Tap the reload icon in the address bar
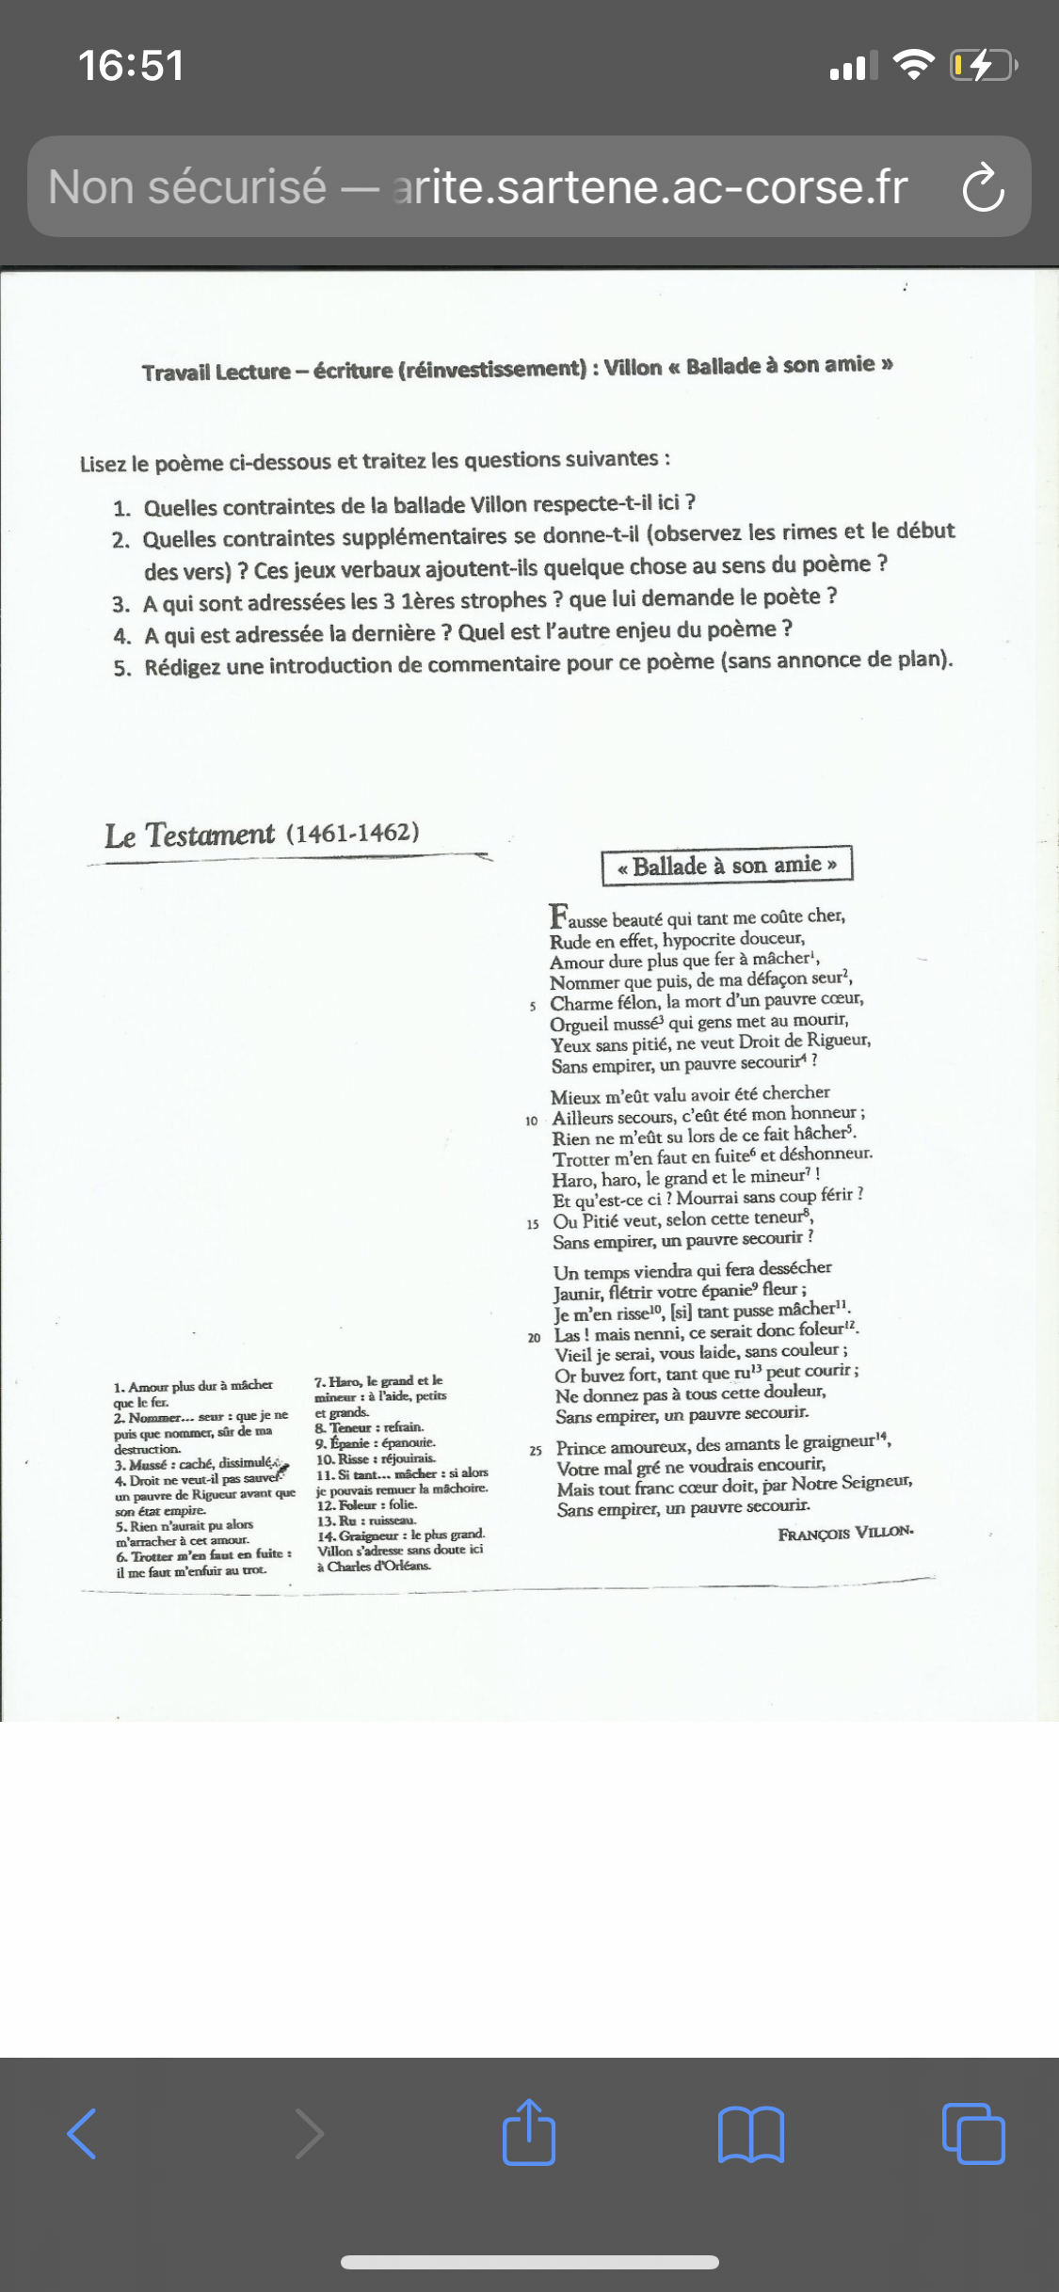[x=983, y=186]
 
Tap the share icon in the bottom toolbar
[x=529, y=2132]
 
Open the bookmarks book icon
[x=750, y=2133]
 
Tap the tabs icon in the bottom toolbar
[x=973, y=2133]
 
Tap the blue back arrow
[x=83, y=2133]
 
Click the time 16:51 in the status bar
[x=131, y=66]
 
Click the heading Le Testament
[x=189, y=835]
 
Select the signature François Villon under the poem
[x=845, y=1533]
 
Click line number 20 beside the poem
[x=534, y=1338]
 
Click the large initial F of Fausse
[x=559, y=915]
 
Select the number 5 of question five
[x=121, y=669]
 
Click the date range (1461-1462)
[x=352, y=833]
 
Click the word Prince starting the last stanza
[x=581, y=1448]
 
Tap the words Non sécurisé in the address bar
[x=187, y=186]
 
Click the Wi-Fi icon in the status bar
[x=912, y=64]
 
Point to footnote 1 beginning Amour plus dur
[x=193, y=1393]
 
